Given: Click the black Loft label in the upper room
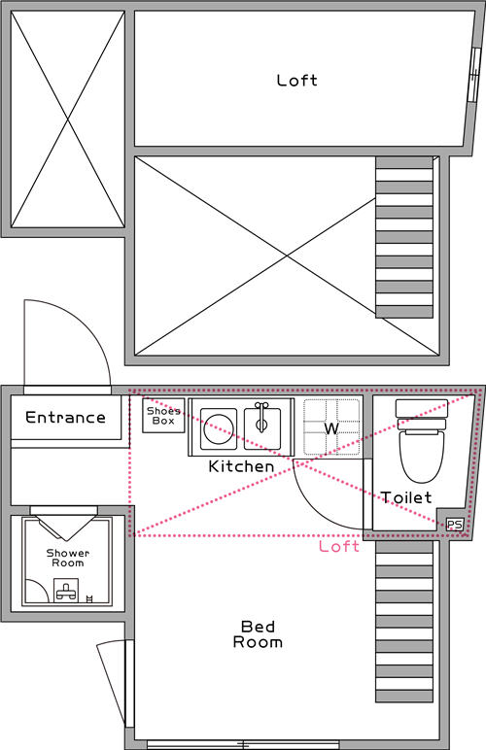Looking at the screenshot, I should click(296, 81).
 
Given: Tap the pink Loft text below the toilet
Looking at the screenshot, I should click(339, 546).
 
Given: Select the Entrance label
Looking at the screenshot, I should click(65, 418).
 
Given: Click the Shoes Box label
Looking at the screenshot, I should click(163, 415).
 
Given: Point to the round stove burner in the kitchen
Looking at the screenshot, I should click(219, 425).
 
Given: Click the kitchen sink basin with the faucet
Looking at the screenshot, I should click(263, 424).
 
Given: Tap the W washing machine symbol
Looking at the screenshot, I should click(330, 427).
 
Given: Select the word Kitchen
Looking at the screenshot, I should click(241, 466).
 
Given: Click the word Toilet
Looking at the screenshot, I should click(406, 497).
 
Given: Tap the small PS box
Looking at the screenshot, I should click(454, 525).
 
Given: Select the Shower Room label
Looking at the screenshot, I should click(67, 558).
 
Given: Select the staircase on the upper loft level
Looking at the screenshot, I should click(404, 238).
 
